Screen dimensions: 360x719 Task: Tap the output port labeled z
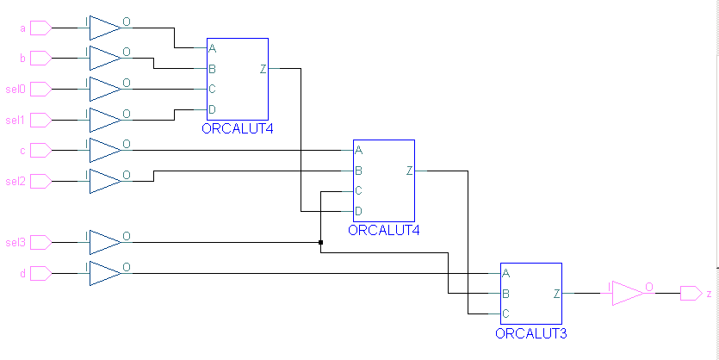click(691, 294)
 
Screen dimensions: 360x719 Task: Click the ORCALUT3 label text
click(530, 332)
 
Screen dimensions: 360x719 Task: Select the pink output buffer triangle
click(629, 294)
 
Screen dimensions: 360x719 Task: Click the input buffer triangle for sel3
click(104, 242)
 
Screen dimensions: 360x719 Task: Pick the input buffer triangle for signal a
click(104, 28)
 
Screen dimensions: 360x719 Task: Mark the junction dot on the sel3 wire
click(320, 242)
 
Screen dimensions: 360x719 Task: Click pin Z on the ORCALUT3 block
click(556, 294)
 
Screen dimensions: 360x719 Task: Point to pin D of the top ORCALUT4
click(212, 109)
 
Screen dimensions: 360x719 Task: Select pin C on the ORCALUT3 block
click(505, 313)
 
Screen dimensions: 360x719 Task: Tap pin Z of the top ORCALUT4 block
click(263, 69)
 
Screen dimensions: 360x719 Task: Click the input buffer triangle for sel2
click(104, 181)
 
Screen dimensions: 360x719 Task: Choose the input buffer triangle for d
click(104, 273)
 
